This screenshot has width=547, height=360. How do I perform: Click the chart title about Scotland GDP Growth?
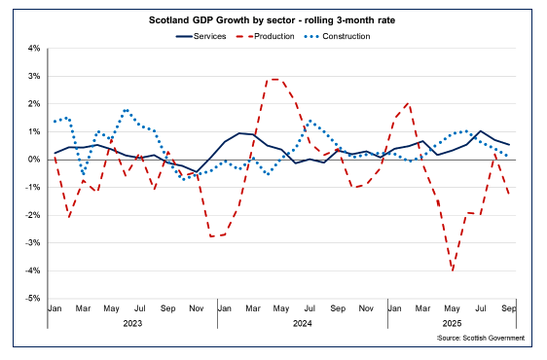pyautogui.click(x=273, y=18)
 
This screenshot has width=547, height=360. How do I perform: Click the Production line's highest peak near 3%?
pyautogui.click(x=275, y=79)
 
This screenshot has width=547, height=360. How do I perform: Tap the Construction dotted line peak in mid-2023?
pyautogui.click(x=127, y=110)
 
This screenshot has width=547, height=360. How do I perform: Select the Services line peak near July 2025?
pyautogui.click(x=481, y=130)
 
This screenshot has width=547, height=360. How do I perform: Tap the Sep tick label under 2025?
pyautogui.click(x=507, y=308)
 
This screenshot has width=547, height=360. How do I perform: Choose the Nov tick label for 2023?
pyautogui.click(x=197, y=308)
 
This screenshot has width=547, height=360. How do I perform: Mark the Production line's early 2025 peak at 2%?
pyautogui.click(x=408, y=102)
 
